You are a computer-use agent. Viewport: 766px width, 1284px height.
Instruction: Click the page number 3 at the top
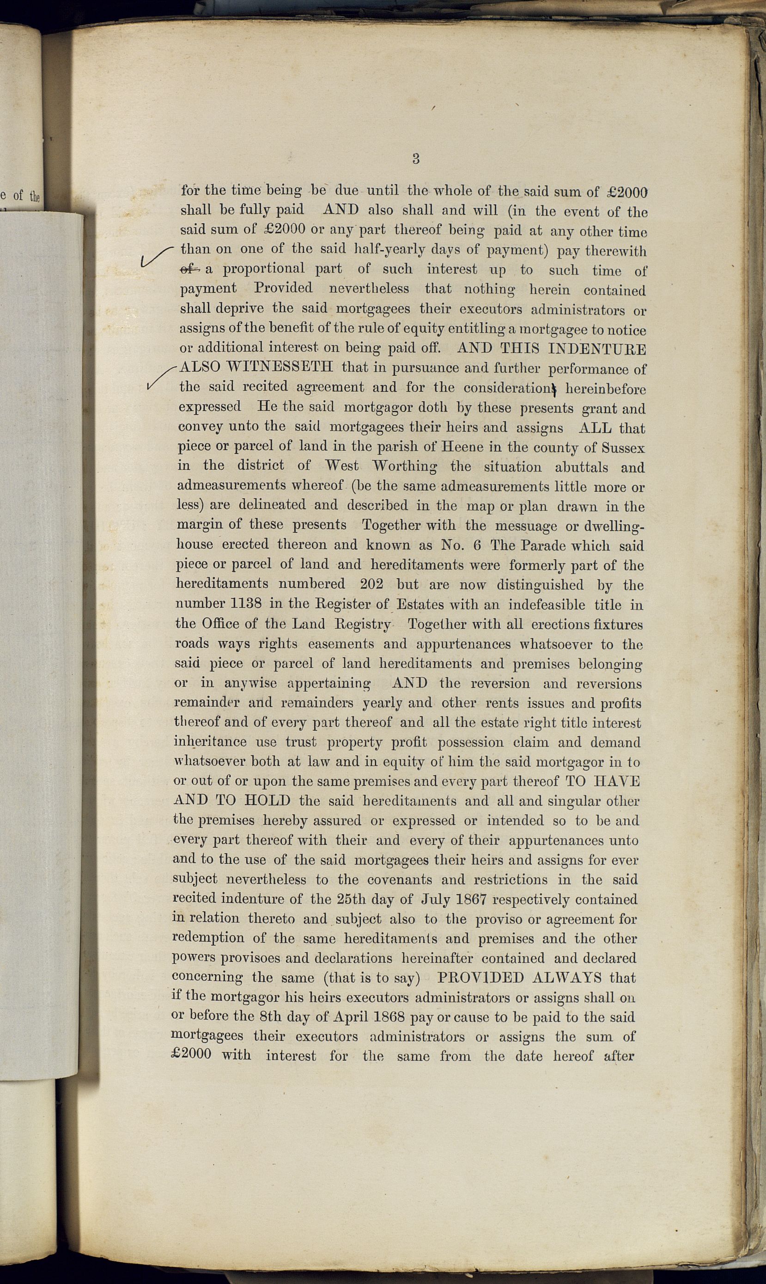(416, 159)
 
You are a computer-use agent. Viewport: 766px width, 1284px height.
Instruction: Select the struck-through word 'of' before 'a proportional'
(189, 269)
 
